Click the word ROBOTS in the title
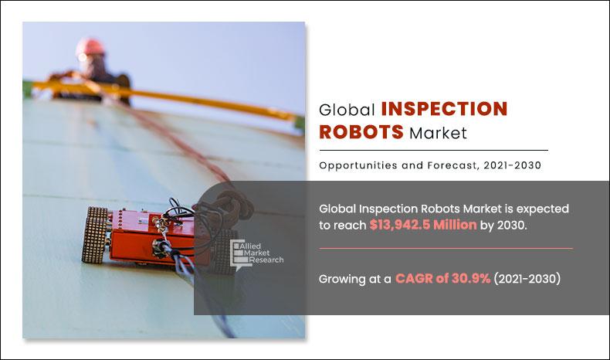pos(361,132)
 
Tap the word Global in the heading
pos(347,110)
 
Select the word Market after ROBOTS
pos(439,133)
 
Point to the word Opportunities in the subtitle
pos(354,164)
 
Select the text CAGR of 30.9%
pos(443,279)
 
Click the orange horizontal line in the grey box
pos(446,248)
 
